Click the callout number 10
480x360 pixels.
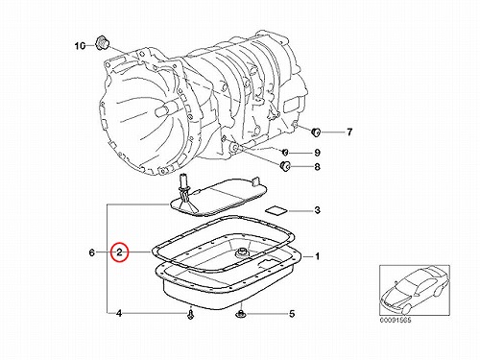[x=80, y=46]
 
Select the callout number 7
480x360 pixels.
[x=349, y=132]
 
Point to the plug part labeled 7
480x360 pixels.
[x=316, y=132]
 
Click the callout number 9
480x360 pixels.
[x=317, y=153]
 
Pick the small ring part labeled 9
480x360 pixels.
[x=285, y=152]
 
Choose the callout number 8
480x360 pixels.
[x=317, y=167]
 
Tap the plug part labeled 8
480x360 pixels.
[x=284, y=166]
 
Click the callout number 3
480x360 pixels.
[x=317, y=210]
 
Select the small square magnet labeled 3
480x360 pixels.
[x=276, y=210]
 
